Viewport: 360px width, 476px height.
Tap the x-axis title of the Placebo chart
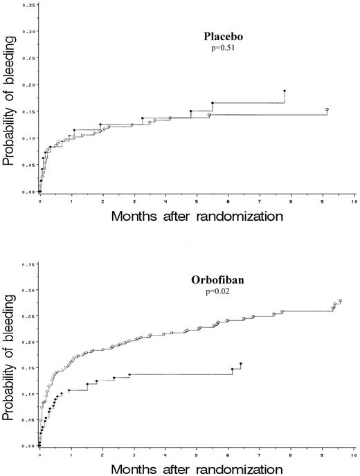[x=196, y=216]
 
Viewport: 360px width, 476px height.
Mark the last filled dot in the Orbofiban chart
[x=240, y=363]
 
